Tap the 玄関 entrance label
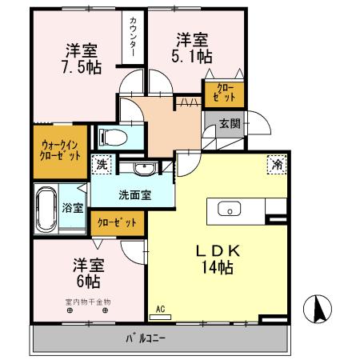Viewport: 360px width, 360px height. (x=228, y=123)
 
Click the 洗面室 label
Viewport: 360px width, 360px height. (x=134, y=194)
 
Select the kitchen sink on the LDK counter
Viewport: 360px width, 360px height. (x=229, y=210)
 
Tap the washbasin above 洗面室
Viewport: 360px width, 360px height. (x=144, y=169)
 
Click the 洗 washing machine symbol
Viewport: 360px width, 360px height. (x=102, y=163)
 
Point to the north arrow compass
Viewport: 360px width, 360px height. (x=318, y=307)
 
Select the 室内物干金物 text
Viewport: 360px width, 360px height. (x=88, y=302)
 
